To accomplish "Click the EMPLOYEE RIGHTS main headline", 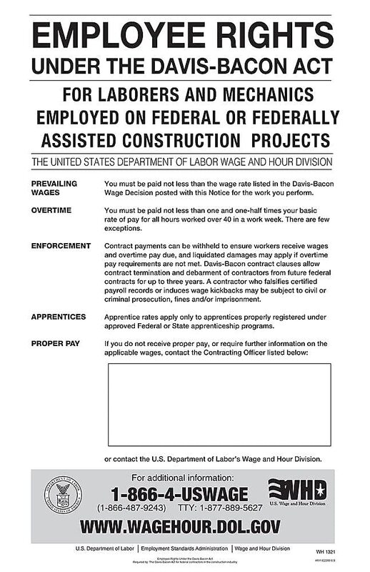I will [184, 34].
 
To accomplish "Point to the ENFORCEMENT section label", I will [61, 245].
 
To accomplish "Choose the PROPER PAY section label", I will [55, 344].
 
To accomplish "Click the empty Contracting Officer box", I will [219, 405].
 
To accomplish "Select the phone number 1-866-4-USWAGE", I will [179, 494].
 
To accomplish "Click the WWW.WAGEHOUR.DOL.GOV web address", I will [180, 528].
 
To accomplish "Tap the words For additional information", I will [179, 478].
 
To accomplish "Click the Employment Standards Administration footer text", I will [185, 548].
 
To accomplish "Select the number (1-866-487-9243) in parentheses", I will [136, 508].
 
